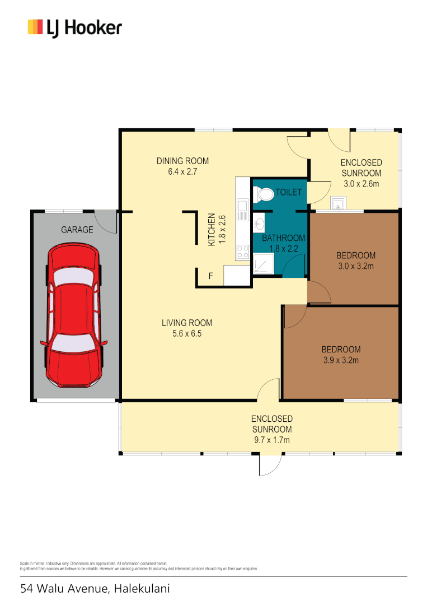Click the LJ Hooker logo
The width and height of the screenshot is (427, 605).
click(x=74, y=27)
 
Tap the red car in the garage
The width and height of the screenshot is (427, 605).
click(x=75, y=319)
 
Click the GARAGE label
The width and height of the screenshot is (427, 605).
click(x=77, y=230)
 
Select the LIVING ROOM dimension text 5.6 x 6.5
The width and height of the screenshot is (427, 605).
click(x=186, y=333)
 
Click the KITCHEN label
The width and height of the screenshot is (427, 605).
click(x=212, y=230)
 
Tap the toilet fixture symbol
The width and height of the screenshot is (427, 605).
click(x=264, y=194)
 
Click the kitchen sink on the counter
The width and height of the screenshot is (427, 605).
click(x=242, y=211)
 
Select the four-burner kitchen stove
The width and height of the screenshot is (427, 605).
click(x=242, y=252)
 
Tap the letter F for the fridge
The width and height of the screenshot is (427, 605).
click(x=210, y=276)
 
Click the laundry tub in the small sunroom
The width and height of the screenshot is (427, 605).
click(x=338, y=203)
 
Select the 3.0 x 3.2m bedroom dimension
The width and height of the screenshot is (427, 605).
click(x=355, y=266)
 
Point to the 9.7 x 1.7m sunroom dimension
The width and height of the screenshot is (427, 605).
click(x=271, y=440)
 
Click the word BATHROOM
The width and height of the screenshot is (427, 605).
click(x=284, y=238)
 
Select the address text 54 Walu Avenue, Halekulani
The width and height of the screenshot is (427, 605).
click(x=95, y=588)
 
